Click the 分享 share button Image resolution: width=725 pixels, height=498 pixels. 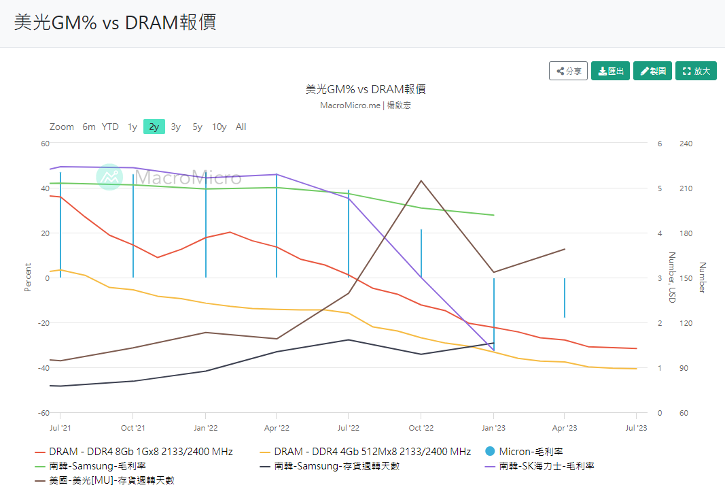569,71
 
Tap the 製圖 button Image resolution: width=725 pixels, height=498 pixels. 652,71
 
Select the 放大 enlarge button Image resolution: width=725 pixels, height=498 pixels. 696,71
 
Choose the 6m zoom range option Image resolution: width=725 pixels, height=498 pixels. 89,127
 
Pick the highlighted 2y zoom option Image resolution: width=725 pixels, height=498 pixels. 154,127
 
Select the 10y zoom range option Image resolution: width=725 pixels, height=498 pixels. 219,127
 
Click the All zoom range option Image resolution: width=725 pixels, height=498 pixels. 241,127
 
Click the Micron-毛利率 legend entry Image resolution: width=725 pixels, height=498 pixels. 531,451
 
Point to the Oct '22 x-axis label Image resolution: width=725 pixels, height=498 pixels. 421,428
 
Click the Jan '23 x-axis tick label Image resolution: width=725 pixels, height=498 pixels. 493,428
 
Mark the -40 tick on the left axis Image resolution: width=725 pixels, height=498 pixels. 44,368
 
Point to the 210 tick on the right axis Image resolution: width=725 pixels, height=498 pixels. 685,188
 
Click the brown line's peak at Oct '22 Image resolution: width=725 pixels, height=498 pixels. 421,181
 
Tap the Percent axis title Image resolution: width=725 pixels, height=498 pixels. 28,278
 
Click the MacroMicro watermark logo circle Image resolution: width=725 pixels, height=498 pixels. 108,177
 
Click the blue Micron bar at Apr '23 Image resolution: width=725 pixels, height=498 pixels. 565,297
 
